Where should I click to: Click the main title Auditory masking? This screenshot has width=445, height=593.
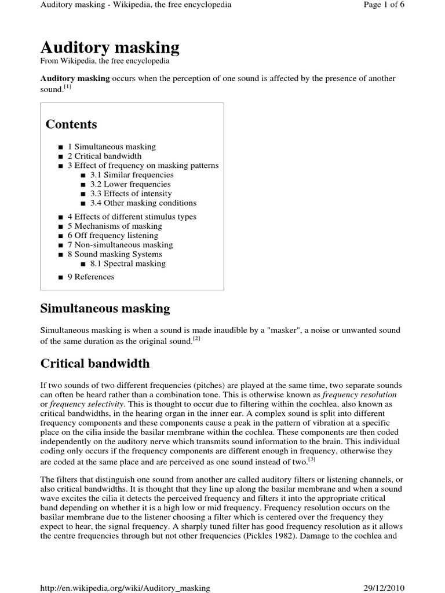pyautogui.click(x=110, y=47)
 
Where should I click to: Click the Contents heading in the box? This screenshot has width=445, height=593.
pyautogui.click(x=71, y=125)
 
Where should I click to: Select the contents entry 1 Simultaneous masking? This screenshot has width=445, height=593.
pyautogui.click(x=111, y=147)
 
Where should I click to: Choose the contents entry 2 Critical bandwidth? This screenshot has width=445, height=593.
pyautogui.click(x=104, y=156)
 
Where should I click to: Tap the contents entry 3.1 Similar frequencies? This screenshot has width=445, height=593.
pyautogui.click(x=132, y=175)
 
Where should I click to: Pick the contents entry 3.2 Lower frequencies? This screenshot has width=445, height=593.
pyautogui.click(x=130, y=184)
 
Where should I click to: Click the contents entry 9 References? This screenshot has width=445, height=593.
pyautogui.click(x=90, y=277)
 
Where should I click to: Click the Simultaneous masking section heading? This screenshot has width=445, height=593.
pyautogui.click(x=105, y=309)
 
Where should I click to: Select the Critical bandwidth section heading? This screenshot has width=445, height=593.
pyautogui.click(x=94, y=364)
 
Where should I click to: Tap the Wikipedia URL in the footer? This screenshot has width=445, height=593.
pyautogui.click(x=125, y=588)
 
